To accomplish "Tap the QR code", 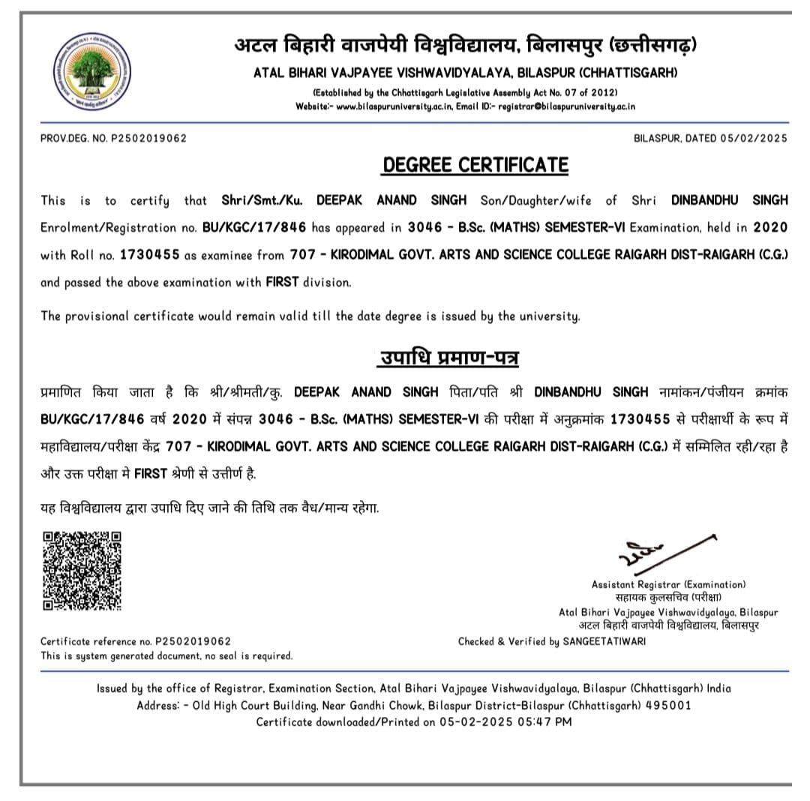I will click(x=82, y=570).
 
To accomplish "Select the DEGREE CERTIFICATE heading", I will click(x=475, y=165).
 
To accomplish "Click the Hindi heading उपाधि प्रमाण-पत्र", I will click(x=448, y=358).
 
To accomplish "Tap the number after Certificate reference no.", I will click(x=193, y=641).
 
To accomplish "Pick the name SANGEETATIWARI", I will click(x=604, y=641).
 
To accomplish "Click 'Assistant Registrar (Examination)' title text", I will click(x=668, y=584).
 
